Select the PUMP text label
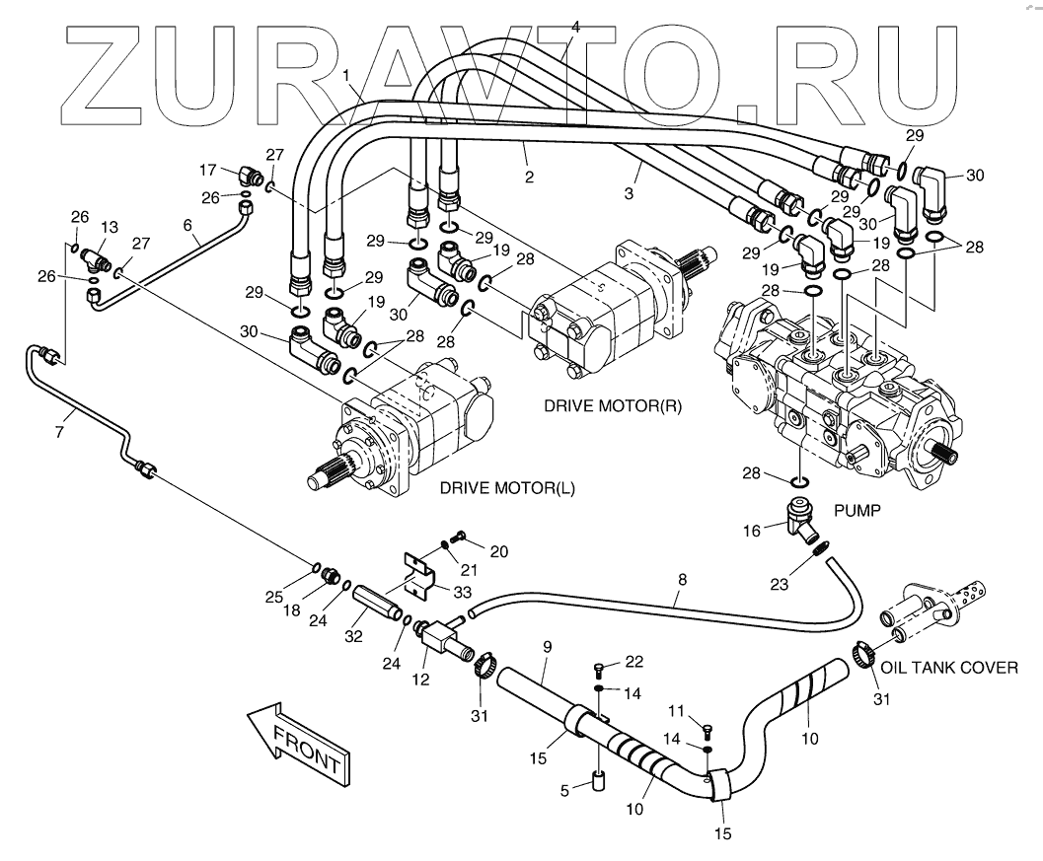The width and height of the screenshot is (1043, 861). click(857, 512)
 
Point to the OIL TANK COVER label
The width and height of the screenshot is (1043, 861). click(948, 668)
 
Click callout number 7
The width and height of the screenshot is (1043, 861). click(59, 431)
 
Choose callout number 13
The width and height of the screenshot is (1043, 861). click(111, 227)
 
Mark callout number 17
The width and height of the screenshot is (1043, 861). click(208, 168)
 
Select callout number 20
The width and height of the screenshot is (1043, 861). click(499, 551)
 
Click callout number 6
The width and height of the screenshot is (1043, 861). click(187, 225)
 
